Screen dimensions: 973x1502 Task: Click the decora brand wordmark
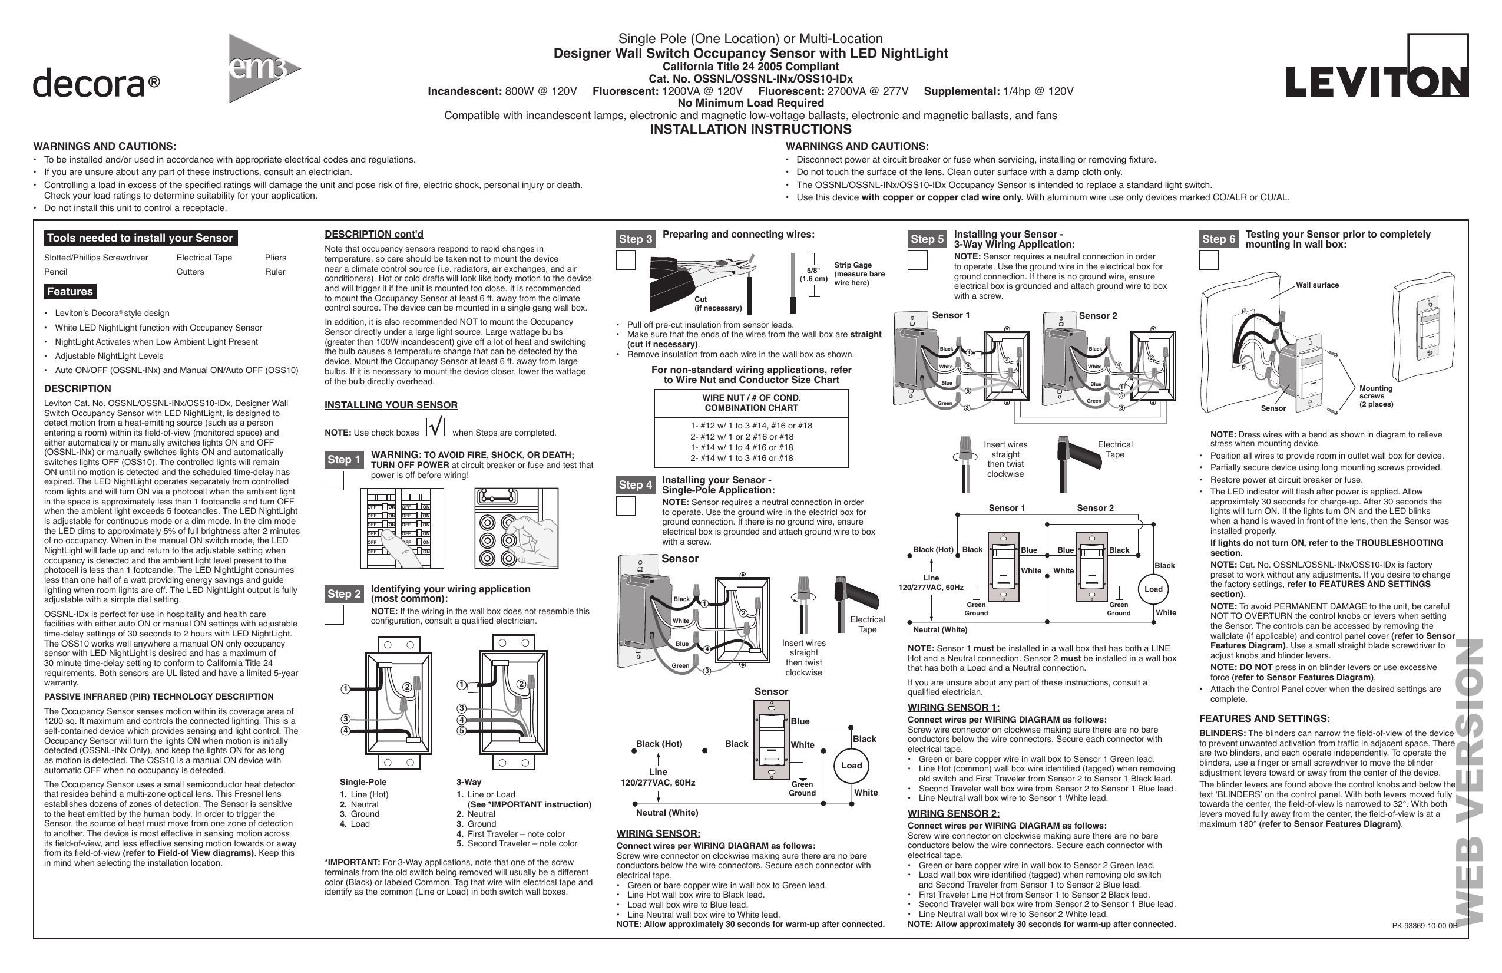[96, 83]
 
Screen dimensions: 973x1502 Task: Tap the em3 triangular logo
[262, 69]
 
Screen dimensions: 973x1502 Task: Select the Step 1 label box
[344, 460]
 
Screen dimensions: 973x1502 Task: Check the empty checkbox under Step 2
[334, 614]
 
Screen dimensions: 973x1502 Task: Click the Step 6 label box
[1218, 239]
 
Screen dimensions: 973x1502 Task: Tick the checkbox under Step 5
[917, 260]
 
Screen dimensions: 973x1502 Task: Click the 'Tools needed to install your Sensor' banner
[140, 238]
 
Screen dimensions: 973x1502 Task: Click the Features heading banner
[70, 292]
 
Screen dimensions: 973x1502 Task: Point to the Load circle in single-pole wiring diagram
[851, 766]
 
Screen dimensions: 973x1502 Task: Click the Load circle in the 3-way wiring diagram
[1153, 589]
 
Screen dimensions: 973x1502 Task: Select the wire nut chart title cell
[751, 403]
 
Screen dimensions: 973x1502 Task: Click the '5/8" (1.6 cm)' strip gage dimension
[813, 275]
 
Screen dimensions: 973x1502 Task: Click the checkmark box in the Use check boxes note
[435, 427]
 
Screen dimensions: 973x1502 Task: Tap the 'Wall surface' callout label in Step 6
[1316, 285]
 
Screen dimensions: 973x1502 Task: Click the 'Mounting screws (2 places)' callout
[1376, 397]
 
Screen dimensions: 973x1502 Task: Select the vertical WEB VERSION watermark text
[1468, 783]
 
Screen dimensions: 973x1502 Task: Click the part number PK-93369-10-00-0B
[1424, 926]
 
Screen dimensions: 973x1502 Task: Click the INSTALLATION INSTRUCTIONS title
[750, 130]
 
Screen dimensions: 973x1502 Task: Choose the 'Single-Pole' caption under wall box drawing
[363, 781]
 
